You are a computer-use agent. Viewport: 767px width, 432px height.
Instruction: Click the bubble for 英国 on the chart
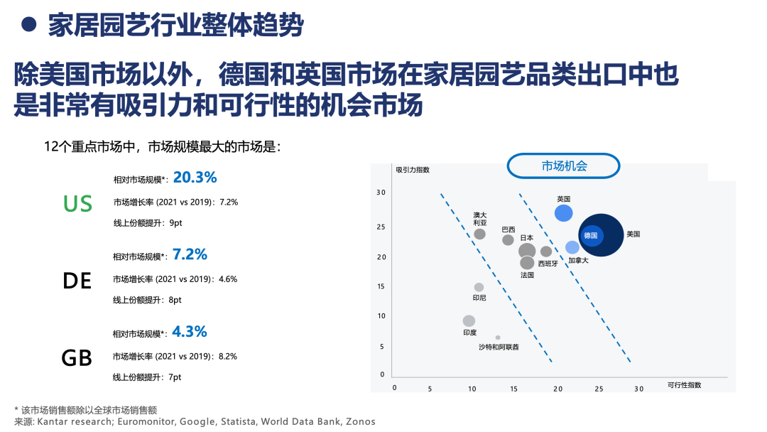click(563, 213)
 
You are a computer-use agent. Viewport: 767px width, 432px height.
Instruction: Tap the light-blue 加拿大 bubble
click(572, 247)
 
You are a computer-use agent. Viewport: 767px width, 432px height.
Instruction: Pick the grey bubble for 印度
click(469, 320)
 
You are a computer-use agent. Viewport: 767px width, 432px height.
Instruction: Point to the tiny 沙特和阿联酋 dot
click(497, 337)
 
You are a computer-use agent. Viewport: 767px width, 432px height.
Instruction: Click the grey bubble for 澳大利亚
click(480, 234)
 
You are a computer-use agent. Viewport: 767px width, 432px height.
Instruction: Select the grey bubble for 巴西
click(508, 239)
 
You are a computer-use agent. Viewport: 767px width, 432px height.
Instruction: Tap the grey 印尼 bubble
click(479, 287)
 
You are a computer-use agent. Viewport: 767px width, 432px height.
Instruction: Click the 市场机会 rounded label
click(563, 166)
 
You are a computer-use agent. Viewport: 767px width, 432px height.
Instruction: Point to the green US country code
click(78, 203)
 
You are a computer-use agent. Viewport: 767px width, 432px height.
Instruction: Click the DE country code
click(77, 281)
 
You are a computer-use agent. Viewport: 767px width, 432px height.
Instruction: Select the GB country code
click(77, 358)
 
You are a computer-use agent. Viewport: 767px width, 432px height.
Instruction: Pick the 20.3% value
click(195, 177)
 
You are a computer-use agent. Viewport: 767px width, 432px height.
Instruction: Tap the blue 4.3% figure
click(190, 332)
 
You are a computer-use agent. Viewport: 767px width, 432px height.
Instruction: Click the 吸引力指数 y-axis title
click(413, 170)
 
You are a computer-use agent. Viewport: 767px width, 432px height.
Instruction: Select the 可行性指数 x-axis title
click(685, 385)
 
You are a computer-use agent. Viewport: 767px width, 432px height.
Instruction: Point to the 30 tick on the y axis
click(381, 193)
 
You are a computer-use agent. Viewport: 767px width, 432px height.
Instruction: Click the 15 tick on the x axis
click(513, 389)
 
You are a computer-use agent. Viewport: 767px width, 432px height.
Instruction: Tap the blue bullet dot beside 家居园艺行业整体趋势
click(29, 24)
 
